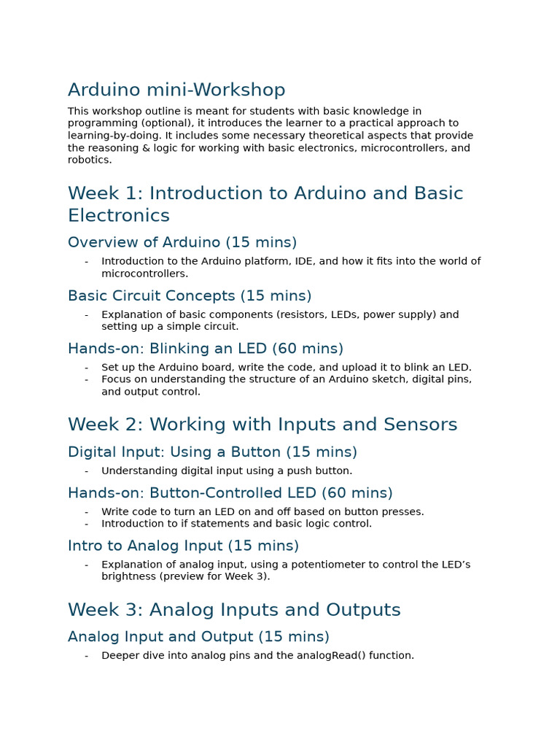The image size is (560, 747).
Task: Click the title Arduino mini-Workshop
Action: pos(176,90)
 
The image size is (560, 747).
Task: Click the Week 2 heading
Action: pos(262,425)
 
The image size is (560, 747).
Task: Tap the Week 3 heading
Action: pos(234,610)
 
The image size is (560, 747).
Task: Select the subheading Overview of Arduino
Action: pos(182,242)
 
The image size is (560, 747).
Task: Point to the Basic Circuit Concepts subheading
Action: pos(190,295)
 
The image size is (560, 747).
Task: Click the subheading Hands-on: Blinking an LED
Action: pos(206,349)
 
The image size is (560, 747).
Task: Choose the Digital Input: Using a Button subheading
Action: pos(212,452)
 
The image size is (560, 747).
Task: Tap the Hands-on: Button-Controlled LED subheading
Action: pos(230,493)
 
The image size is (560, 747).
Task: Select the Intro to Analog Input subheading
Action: pos(183,546)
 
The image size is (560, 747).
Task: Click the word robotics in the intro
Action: pos(89,160)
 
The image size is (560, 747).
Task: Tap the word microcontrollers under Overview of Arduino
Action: pos(144,274)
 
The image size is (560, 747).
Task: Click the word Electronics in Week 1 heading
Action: pos(119,215)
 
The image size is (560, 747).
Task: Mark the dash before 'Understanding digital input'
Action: pos(86,471)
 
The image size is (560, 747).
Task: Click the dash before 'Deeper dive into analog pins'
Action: pos(86,656)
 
